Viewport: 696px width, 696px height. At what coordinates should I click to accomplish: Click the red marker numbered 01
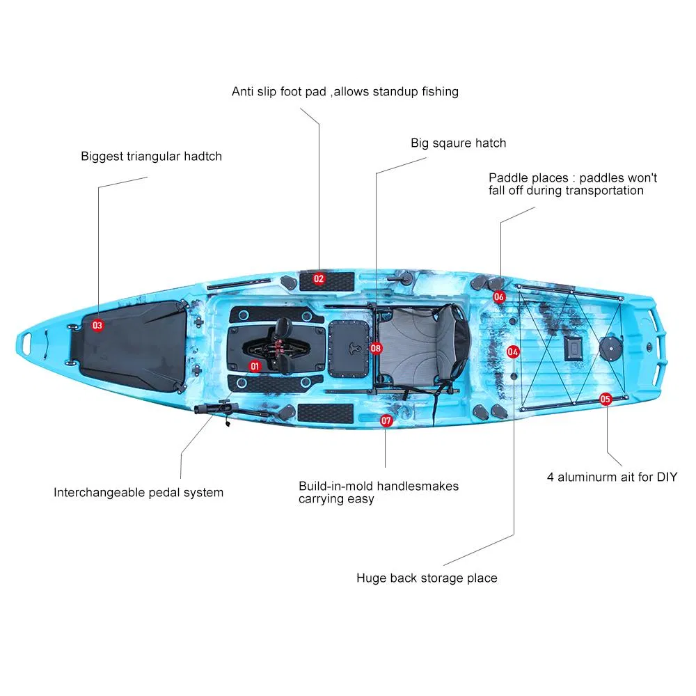[x=255, y=365]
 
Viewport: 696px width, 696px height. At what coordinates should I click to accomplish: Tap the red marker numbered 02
[x=319, y=279]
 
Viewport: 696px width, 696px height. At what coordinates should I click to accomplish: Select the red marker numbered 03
[x=97, y=325]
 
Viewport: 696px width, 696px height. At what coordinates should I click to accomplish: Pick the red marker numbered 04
[x=513, y=352]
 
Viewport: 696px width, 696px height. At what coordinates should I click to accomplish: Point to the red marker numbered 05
[x=605, y=399]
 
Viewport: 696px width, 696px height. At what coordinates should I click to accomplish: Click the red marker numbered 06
[x=499, y=297]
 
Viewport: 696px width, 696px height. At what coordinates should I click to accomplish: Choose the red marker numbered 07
[x=386, y=420]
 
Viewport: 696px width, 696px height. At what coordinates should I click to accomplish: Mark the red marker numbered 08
[x=376, y=347]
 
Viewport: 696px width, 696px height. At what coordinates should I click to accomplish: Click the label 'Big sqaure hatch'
[x=458, y=143]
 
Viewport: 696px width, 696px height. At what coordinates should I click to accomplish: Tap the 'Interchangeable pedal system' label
[x=139, y=493]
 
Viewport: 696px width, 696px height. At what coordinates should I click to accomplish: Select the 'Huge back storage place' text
[x=427, y=578]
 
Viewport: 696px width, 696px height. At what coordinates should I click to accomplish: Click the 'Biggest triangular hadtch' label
[x=151, y=157]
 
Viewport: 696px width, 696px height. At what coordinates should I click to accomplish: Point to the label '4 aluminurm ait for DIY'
[x=612, y=477]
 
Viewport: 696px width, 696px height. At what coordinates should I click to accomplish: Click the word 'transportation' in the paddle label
[x=604, y=191]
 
